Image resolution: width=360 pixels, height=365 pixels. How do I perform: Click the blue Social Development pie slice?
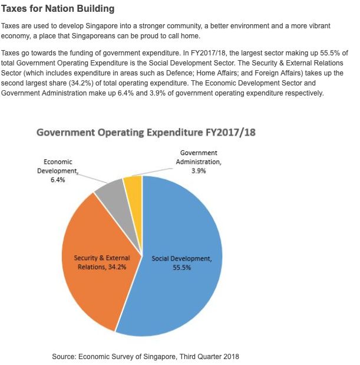[183, 295]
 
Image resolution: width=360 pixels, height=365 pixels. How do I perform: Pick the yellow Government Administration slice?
[133, 186]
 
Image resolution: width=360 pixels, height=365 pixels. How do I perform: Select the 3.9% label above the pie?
[198, 170]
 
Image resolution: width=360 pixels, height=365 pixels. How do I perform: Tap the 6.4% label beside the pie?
[58, 180]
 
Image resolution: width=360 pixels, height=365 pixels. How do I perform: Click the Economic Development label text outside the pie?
[58, 166]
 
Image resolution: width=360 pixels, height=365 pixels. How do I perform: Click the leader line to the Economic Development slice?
[93, 177]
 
